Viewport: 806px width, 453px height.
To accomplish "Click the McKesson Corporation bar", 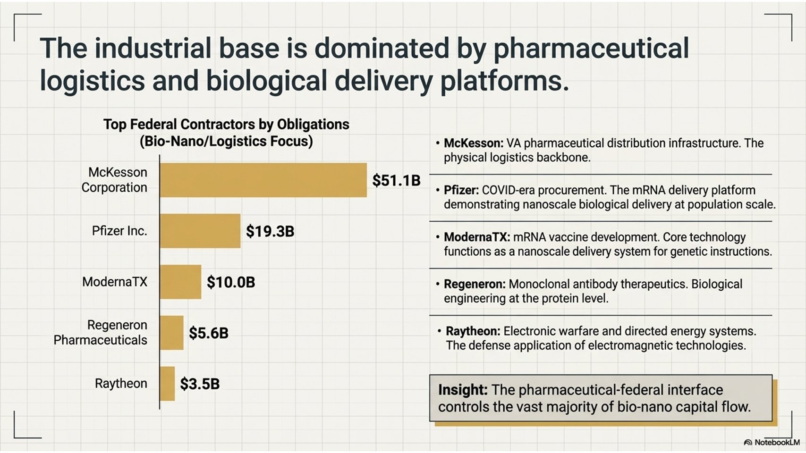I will (263, 180).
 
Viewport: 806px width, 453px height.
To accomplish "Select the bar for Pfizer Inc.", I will (200, 231).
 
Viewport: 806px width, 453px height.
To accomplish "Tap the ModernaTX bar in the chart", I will (180, 282).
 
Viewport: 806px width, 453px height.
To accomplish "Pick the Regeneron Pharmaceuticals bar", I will (172, 333).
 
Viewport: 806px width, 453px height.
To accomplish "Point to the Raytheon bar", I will (168, 384).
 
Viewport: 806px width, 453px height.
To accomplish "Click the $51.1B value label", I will (396, 180).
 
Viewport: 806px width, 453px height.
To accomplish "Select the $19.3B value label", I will (270, 231).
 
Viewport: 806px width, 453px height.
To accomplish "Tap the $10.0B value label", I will (231, 282).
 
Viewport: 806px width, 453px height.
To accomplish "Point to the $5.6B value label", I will (209, 333).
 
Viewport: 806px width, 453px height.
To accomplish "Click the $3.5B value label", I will (200, 384).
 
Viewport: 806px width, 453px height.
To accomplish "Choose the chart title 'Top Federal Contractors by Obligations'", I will (226, 125).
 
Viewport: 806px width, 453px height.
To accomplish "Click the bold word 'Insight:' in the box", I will (463, 390).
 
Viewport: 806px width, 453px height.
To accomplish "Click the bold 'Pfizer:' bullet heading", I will (461, 190).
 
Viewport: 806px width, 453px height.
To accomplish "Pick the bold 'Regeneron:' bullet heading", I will (475, 284).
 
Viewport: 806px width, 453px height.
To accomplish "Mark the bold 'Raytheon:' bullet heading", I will (473, 331).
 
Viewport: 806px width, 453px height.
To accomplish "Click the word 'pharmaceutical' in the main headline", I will (591, 48).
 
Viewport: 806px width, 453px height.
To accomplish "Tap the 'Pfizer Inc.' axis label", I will (119, 231).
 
